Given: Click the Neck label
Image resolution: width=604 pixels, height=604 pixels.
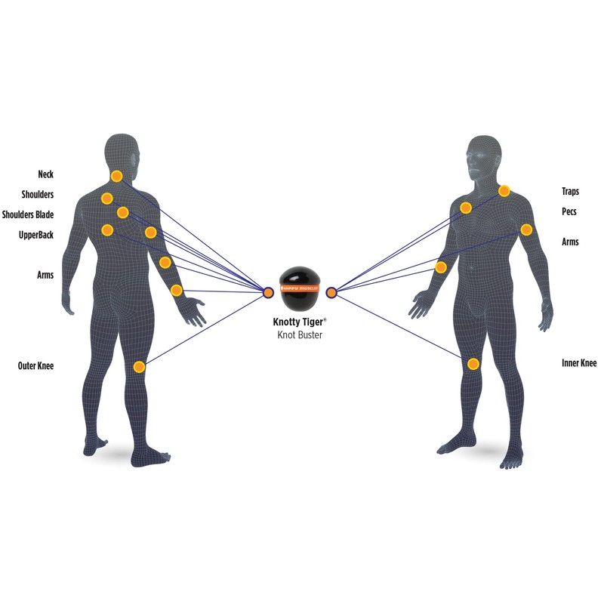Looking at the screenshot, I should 46,174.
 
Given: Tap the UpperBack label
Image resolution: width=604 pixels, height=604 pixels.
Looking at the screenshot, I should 36,235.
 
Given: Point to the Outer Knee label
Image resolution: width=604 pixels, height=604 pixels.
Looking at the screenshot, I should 36,366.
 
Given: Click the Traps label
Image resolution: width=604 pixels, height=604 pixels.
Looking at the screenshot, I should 570,192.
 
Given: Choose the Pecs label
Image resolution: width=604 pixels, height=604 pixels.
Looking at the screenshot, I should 569,212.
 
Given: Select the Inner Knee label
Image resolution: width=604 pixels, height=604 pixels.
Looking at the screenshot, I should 579,363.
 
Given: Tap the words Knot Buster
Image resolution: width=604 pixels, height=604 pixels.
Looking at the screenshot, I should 299,334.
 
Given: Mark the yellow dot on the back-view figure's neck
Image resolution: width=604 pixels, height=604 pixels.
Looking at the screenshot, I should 116,176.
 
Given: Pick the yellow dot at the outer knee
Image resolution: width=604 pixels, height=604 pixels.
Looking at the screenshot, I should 139,367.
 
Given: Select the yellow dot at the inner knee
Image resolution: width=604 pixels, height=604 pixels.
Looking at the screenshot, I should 473,364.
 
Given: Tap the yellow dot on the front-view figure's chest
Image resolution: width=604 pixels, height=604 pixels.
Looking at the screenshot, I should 466,208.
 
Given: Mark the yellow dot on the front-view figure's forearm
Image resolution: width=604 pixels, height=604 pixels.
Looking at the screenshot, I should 441,267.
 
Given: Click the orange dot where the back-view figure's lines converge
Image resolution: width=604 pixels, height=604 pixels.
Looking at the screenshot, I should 268,291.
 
